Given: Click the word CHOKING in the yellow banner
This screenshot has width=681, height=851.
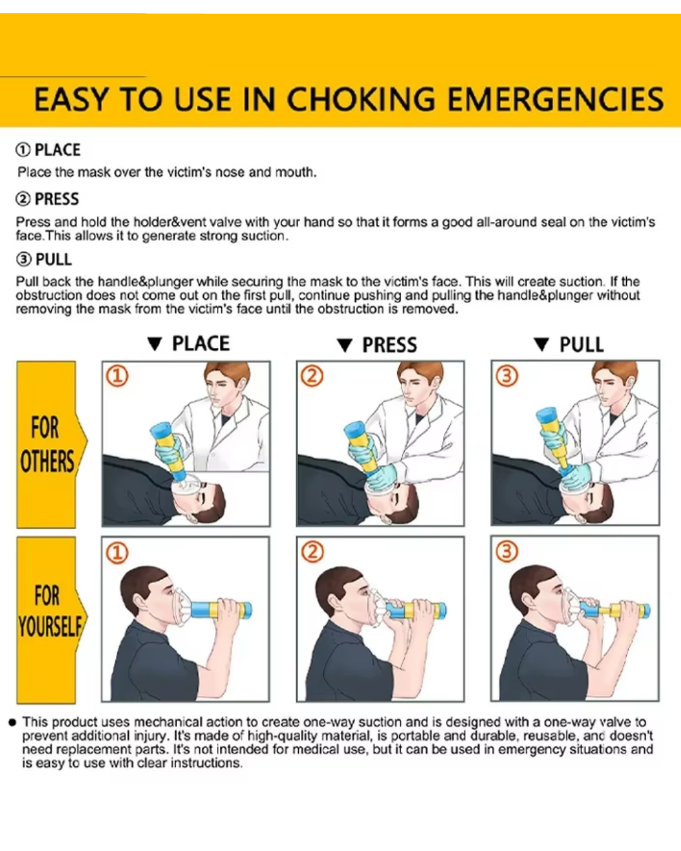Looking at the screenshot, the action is pos(360,99).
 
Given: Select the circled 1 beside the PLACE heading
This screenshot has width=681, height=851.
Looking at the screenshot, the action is pos(23,150).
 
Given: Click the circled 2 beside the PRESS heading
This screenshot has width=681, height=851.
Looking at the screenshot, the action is pos(23,199).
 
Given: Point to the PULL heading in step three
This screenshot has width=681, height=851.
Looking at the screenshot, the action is pos(54,260).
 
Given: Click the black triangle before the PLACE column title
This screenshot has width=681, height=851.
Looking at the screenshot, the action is pos(154,344).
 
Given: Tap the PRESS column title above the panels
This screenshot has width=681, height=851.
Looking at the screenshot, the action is pos(390,345).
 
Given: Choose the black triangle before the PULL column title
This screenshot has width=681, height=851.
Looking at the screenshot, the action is pos(541,344).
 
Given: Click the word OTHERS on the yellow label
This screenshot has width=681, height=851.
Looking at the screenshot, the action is pos(47,461).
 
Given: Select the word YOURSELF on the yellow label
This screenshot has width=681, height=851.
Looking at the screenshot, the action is pos(50,627).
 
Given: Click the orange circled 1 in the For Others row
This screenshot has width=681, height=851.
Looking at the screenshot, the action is pos(117,376).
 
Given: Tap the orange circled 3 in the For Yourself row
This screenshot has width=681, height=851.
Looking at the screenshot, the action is pos(507,552).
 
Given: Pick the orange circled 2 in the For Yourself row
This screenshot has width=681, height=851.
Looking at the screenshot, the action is pos(313,552).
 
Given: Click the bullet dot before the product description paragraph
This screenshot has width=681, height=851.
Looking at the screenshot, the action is pos(12,722).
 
